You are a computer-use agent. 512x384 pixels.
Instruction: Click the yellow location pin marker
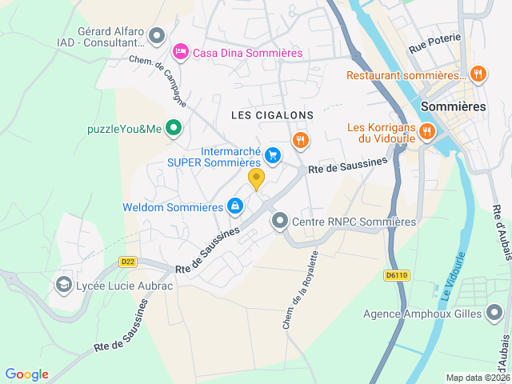pyautogui.click(x=256, y=178)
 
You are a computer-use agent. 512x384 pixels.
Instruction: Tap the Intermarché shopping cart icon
pyautogui.click(x=274, y=155)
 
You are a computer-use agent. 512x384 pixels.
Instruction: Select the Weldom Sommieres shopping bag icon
pyautogui.click(x=234, y=206)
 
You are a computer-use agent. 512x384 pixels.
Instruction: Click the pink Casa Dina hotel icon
pyautogui.click(x=181, y=52)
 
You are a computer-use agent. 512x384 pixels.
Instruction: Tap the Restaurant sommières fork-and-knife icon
pyautogui.click(x=478, y=74)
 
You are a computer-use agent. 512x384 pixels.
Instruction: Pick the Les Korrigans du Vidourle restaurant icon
pyautogui.click(x=427, y=131)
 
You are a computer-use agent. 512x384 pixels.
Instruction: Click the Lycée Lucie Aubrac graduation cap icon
pyautogui.click(x=63, y=284)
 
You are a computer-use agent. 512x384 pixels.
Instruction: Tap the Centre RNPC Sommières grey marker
pyautogui.click(x=279, y=220)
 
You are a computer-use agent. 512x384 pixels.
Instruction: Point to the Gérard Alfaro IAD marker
pyautogui.click(x=157, y=34)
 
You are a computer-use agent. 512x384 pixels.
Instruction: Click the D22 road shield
pyautogui.click(x=126, y=261)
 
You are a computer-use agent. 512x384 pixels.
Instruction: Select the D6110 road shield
pyautogui.click(x=396, y=275)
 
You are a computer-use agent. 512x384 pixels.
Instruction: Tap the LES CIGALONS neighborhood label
pyautogui.click(x=272, y=115)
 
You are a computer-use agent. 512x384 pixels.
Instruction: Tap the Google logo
pyautogui.click(x=26, y=374)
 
